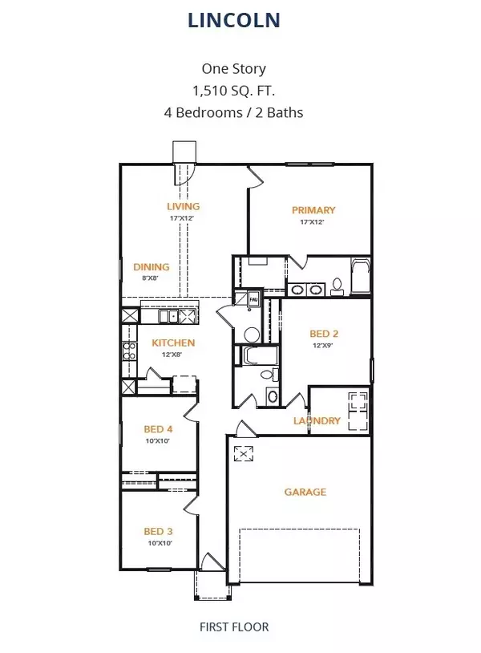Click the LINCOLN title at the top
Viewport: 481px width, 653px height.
(234, 21)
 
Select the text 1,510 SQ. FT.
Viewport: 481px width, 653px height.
(234, 91)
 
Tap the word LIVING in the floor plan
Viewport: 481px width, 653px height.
(183, 207)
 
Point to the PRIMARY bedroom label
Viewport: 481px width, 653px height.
(313, 210)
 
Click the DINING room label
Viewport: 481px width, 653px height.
(152, 267)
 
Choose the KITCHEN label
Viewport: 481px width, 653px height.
(174, 343)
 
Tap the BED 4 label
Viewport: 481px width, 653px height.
(159, 429)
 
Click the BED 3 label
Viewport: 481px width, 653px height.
(158, 531)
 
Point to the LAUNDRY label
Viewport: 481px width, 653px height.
(317, 421)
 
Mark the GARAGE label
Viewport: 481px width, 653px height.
(305, 492)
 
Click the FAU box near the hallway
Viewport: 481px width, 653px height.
(253, 297)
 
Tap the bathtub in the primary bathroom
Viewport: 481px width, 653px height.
(360, 277)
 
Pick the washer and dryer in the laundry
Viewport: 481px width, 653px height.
(357, 410)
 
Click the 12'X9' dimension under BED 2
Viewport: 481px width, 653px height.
(321, 346)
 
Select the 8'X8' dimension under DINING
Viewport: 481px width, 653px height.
(152, 278)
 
